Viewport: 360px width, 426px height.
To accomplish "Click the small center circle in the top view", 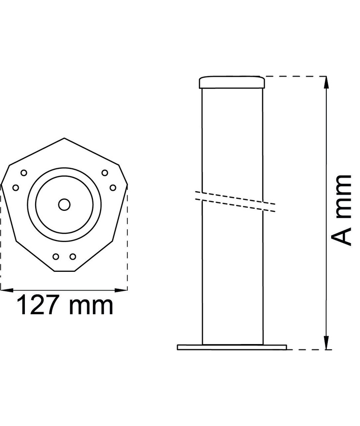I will pyautogui.click(x=64, y=204).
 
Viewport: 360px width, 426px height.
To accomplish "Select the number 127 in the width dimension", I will pyautogui.click(x=41, y=306).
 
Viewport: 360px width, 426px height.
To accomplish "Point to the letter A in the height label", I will pyautogui.click(x=341, y=237).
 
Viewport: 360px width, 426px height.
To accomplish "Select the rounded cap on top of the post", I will pyautogui.click(x=232, y=82).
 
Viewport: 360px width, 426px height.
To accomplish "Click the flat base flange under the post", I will pyautogui.click(x=232, y=347).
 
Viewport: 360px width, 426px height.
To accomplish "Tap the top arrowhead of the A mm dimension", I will pyautogui.click(x=326, y=81).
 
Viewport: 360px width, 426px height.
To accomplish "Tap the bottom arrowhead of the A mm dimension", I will pyautogui.click(x=326, y=345).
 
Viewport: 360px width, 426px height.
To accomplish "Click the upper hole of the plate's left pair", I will pyautogui.click(x=23, y=172).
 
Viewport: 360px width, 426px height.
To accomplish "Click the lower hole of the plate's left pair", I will pyautogui.click(x=15, y=187).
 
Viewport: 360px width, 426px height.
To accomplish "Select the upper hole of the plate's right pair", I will pyautogui.click(x=105, y=172).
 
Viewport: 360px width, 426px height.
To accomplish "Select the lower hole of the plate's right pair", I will pyautogui.click(x=113, y=187).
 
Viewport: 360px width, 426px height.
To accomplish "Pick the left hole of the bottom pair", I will pyautogui.click(x=56, y=256).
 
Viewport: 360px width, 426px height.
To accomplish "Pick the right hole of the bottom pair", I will pyautogui.click(x=73, y=256).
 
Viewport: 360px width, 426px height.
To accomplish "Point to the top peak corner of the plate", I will pyautogui.click(x=64, y=139).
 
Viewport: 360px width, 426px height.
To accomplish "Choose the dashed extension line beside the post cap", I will pyautogui.click(x=293, y=76).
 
